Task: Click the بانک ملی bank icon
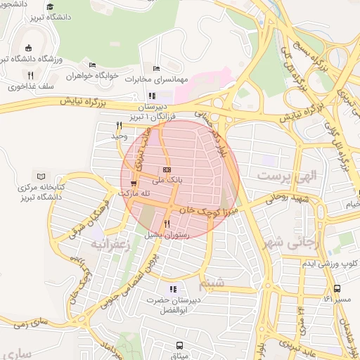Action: [167, 170]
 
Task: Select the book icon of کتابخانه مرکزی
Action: [41, 176]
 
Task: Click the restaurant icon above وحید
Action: [119, 125]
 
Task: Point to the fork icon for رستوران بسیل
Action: [167, 224]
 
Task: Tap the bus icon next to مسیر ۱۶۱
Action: [337, 288]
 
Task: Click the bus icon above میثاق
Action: [180, 345]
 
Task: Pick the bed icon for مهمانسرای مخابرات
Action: [156, 69]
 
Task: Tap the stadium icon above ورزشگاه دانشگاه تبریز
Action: [28, 48]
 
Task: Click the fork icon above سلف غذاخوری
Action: [30, 75]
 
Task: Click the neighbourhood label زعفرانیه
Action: [109, 243]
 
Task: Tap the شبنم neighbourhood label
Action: [214, 283]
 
